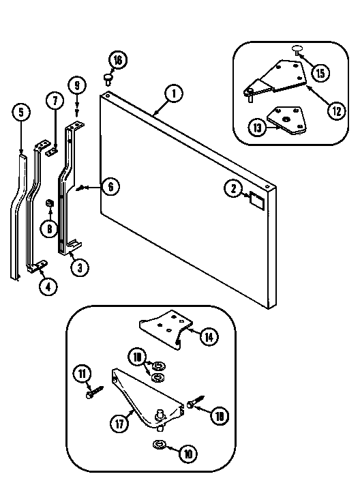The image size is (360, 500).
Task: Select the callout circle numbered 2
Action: (232, 188)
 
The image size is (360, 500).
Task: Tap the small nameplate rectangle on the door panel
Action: (257, 200)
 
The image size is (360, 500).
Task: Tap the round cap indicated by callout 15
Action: (298, 48)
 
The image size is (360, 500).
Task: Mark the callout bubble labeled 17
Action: (119, 422)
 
